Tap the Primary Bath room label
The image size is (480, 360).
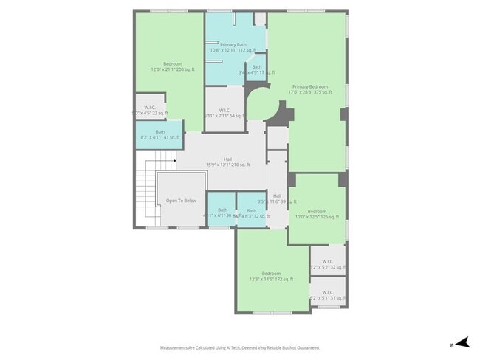pyautogui.click(x=233, y=47)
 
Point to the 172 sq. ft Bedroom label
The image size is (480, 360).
pyautogui.click(x=271, y=276)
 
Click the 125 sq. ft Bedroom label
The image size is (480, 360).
pyautogui.click(x=316, y=214)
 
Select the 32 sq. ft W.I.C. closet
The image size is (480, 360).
pyautogui.click(x=328, y=263)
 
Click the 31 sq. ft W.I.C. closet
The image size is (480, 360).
pyautogui.click(x=328, y=294)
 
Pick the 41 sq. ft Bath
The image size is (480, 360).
pyautogui.click(x=160, y=134)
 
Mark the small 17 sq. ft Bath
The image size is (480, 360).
pyautogui.click(x=257, y=69)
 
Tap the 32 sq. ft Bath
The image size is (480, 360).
pyautogui.click(x=251, y=213)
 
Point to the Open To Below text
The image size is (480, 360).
pyautogui.click(x=181, y=201)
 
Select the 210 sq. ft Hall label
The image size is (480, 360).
pyautogui.click(x=228, y=162)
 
